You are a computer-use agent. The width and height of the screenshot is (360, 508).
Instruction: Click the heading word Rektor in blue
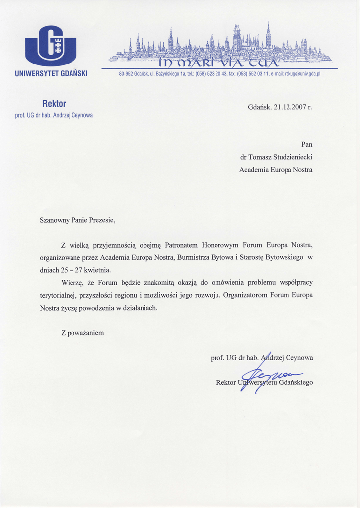pyautogui.click(x=54, y=104)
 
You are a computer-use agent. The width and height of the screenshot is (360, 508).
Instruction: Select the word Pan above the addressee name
pyautogui.click(x=307, y=144)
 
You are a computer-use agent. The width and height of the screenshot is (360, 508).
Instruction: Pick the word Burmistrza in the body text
pyautogui.click(x=193, y=257)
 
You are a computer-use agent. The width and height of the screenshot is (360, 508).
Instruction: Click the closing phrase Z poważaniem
pyautogui.click(x=82, y=333)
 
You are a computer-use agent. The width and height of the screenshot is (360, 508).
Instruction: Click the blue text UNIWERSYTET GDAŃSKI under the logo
pyautogui.click(x=51, y=74)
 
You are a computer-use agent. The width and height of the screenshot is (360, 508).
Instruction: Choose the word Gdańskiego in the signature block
pyautogui.click(x=296, y=382)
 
